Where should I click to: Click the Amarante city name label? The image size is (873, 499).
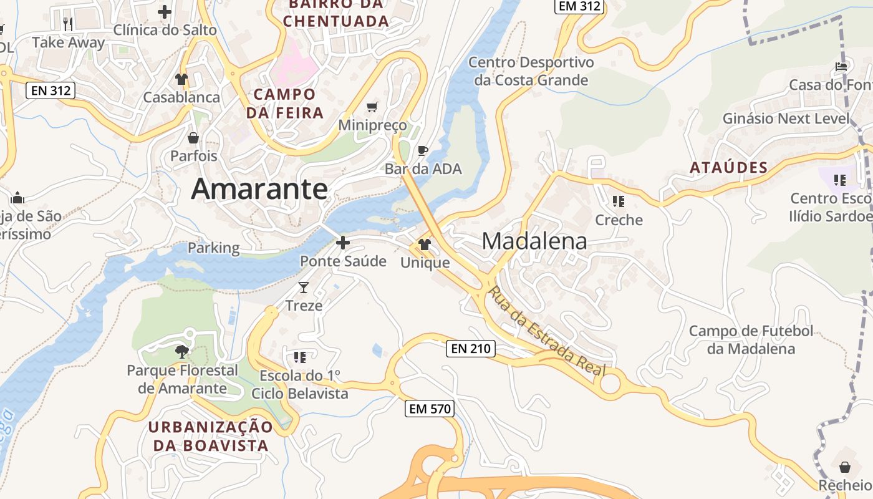(259, 188)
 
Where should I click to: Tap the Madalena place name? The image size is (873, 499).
(534, 241)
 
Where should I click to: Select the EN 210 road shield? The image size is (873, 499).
(471, 349)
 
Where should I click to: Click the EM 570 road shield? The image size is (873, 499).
(430, 409)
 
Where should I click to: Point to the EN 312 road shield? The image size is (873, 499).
(51, 90)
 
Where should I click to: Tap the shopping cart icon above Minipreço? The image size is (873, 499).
(372, 107)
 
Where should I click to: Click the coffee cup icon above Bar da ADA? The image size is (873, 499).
(423, 150)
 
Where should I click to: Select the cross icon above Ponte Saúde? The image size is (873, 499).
(343, 243)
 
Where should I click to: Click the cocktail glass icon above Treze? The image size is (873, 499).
(304, 288)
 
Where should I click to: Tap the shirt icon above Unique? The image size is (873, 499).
(425, 245)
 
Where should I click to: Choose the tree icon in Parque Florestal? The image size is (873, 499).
(181, 352)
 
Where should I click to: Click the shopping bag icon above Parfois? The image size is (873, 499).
(193, 138)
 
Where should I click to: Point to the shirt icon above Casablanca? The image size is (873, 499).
(181, 79)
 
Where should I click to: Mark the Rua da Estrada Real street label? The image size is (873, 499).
(547, 331)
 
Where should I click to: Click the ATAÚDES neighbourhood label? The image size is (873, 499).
(728, 168)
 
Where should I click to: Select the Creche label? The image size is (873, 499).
(619, 220)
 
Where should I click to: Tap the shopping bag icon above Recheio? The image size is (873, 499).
(845, 467)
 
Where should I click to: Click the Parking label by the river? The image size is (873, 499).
(213, 248)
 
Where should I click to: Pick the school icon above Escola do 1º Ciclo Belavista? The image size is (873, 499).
(300, 357)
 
